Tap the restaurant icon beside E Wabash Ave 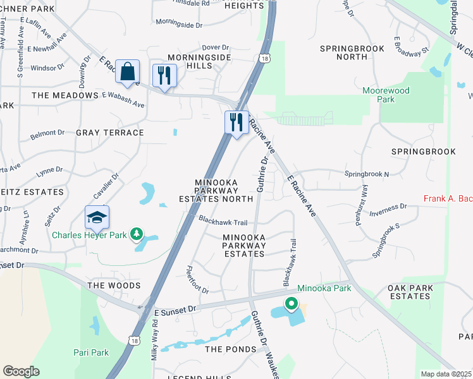click(164, 76)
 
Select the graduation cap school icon click(97, 217)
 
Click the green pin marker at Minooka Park click(291, 304)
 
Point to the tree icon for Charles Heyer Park click(136, 235)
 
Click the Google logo click(21, 371)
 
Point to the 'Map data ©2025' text click(445, 374)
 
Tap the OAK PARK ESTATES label click(419, 292)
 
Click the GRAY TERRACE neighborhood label click(110, 133)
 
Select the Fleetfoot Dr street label click(197, 280)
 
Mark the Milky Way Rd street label click(154, 340)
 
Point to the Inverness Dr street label click(388, 207)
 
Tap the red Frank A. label click(448, 199)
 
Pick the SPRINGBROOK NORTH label click(352, 52)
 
